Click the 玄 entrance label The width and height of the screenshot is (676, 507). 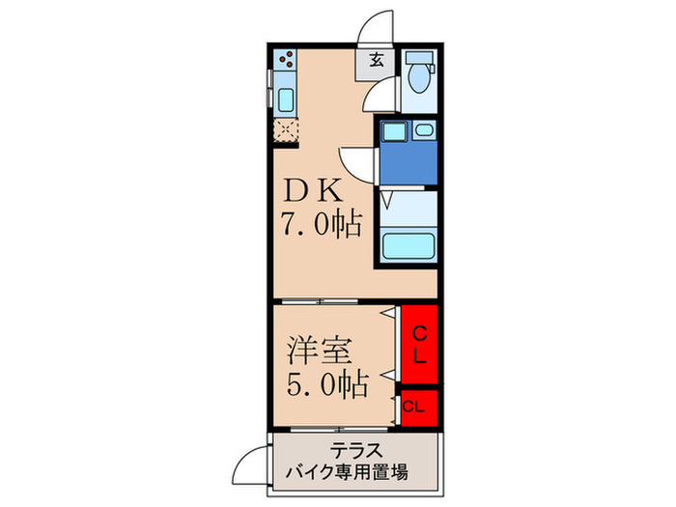point(376,61)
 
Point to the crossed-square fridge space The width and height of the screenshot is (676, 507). point(286,129)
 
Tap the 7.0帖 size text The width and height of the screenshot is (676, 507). point(322,226)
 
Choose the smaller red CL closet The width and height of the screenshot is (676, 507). point(415,407)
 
